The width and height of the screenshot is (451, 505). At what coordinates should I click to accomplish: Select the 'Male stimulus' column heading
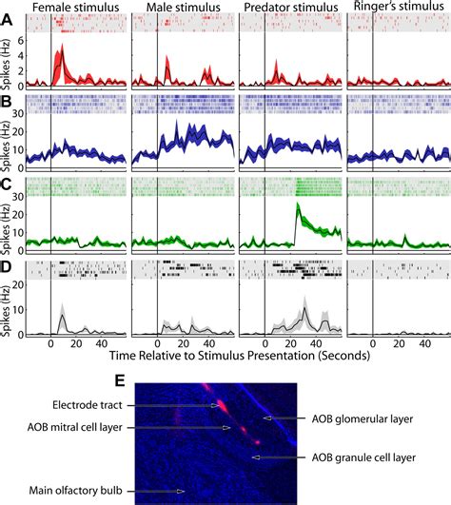[x=180, y=8]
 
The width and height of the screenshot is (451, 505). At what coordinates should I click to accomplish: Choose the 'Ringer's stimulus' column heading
[x=398, y=8]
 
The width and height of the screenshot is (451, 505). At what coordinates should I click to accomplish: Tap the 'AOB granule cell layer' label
[x=368, y=456]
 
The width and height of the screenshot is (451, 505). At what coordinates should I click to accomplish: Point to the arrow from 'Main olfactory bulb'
[x=160, y=492]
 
